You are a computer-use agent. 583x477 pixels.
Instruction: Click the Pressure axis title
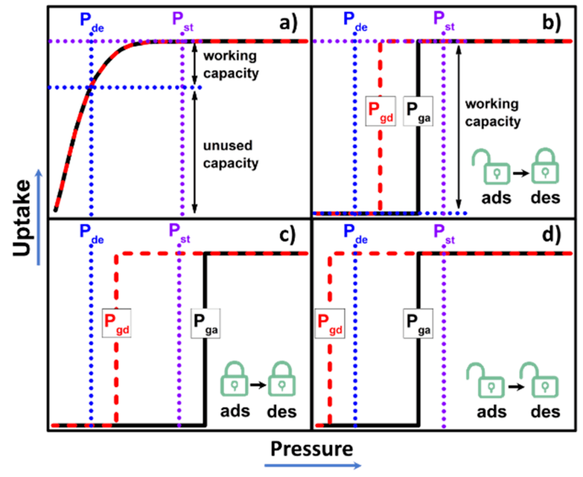pos(311,448)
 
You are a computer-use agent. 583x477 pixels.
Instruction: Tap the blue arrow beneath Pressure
pos(313,465)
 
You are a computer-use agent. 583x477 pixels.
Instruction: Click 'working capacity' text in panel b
pos(492,113)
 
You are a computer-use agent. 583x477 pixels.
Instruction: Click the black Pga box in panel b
pos(418,112)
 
